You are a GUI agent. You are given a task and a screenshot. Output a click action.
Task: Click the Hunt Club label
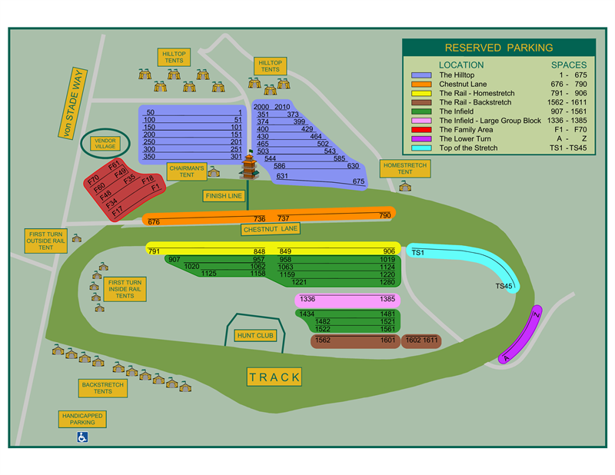(254, 336)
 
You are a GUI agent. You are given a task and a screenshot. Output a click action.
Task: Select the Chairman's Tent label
(187, 171)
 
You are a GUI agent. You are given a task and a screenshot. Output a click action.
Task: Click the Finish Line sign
(224, 196)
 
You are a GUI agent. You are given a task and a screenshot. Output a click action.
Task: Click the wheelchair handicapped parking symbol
(81, 437)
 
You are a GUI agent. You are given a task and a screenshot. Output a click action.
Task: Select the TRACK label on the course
(274, 377)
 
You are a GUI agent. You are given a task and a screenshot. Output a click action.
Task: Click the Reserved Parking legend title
(498, 48)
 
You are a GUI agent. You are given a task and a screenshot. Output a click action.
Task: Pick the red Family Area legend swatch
(421, 130)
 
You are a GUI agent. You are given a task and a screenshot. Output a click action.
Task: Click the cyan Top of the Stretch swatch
(421, 148)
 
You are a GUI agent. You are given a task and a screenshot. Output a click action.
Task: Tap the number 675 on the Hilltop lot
(358, 182)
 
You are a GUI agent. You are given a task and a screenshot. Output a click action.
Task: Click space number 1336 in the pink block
(307, 299)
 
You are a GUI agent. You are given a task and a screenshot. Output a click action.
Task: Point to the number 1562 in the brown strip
(323, 340)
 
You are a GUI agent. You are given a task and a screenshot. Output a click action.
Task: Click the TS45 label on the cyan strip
(504, 287)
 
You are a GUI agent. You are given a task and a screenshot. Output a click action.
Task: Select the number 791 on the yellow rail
(154, 251)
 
